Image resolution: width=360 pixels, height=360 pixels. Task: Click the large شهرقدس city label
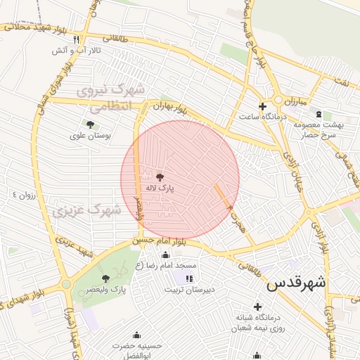click(296, 283)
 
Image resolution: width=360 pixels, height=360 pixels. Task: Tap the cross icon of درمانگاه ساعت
click(262, 107)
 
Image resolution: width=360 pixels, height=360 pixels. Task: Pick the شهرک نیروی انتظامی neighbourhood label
click(112, 97)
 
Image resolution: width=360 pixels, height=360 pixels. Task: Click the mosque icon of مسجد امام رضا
click(165, 255)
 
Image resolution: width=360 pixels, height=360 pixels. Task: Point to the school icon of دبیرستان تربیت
click(188, 279)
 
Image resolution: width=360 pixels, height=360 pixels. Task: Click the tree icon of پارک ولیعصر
click(105, 278)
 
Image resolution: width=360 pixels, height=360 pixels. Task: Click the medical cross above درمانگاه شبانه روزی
click(257, 307)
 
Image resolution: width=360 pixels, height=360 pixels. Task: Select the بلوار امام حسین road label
click(157, 241)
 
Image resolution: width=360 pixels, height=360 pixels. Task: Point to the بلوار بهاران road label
click(169, 109)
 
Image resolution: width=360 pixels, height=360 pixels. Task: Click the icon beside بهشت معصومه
click(319, 114)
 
